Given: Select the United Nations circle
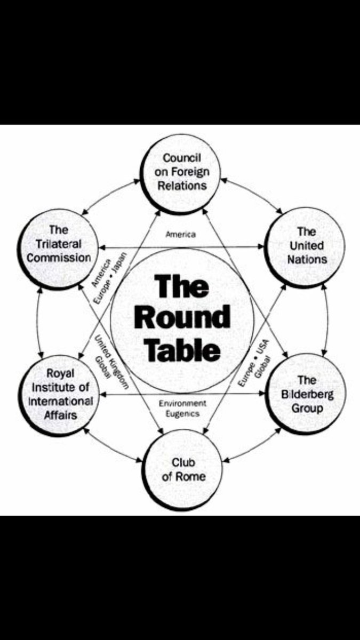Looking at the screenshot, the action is coord(306,245).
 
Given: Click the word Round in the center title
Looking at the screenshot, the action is coord(182,318).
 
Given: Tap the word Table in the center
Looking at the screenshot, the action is coord(182,350).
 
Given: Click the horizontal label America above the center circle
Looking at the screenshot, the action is coord(181,234).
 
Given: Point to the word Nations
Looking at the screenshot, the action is coord(307,260).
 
